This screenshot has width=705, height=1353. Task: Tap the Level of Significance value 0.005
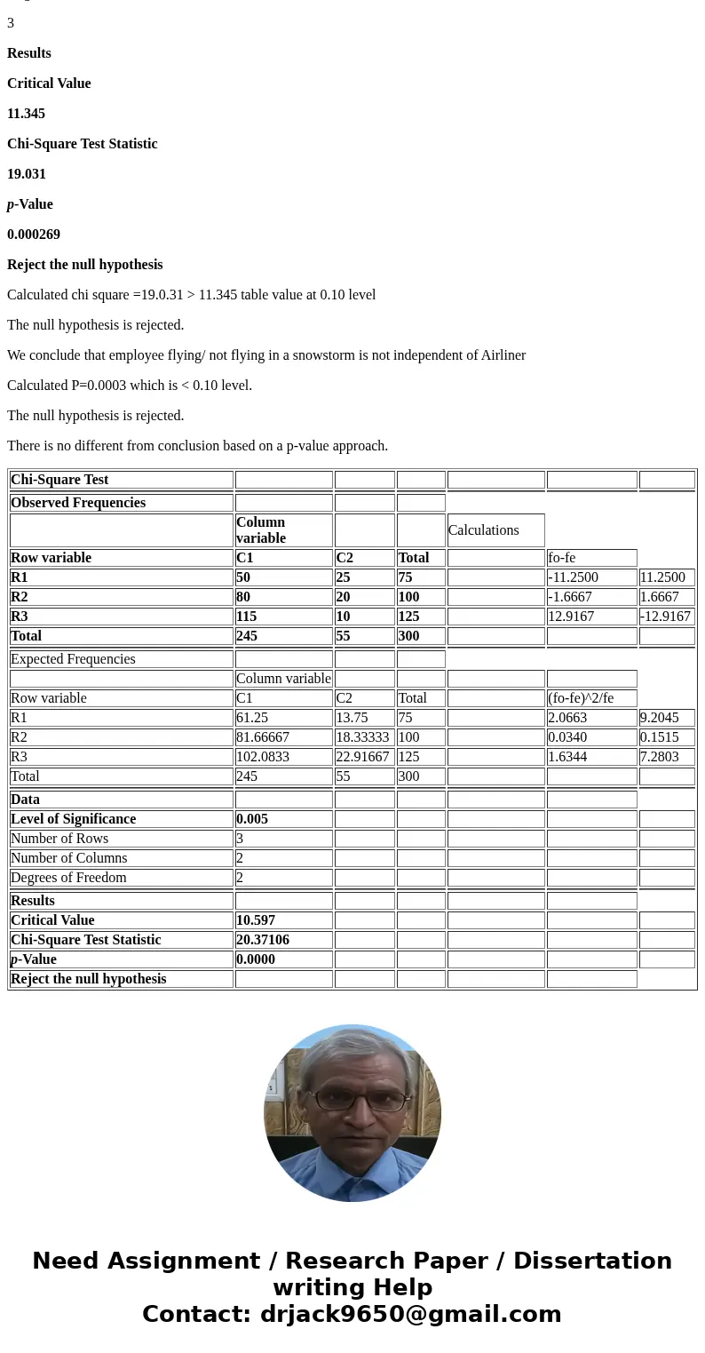(x=252, y=819)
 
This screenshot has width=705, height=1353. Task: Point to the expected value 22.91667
(x=362, y=757)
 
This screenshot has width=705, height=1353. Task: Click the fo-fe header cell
(x=562, y=558)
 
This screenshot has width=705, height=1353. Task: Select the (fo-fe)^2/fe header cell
(x=581, y=698)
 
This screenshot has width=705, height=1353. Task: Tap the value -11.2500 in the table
(x=573, y=577)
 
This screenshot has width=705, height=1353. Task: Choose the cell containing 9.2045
(x=659, y=718)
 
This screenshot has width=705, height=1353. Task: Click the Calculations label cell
(x=484, y=530)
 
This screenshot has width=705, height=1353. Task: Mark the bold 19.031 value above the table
(x=27, y=174)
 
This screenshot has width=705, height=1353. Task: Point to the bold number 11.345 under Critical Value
(x=27, y=114)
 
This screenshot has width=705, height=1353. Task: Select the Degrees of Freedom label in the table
(x=68, y=878)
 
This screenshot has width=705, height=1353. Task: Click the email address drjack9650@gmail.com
(x=410, y=1314)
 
